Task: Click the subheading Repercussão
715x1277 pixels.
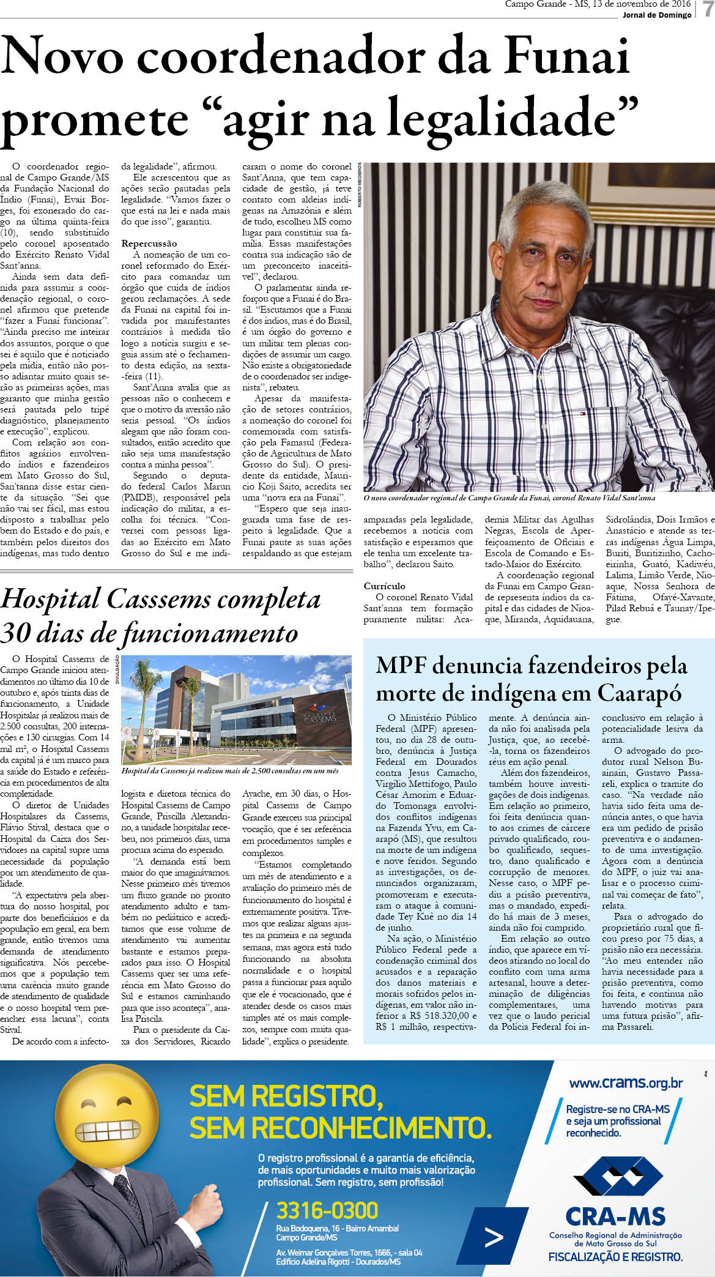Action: (149, 244)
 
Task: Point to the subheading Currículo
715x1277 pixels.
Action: (384, 586)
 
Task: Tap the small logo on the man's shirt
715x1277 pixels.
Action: (581, 413)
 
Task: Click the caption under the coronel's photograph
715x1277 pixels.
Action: (509, 498)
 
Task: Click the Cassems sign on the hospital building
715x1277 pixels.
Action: (319, 718)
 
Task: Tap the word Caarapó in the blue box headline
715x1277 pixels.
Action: (639, 693)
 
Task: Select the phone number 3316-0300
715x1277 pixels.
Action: (327, 1210)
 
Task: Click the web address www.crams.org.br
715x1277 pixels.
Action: (625, 1083)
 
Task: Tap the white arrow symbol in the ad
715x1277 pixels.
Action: (493, 1237)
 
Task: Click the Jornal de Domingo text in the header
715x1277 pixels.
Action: (656, 15)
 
